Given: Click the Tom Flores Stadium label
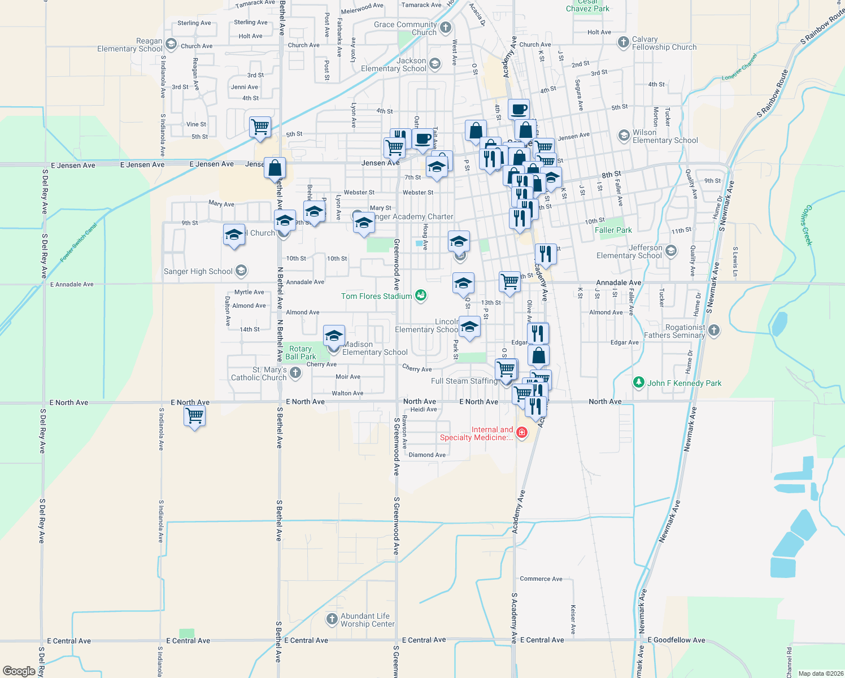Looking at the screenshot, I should point(377,296).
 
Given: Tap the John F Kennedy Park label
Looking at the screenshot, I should point(684,383).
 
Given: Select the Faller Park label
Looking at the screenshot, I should point(613,230).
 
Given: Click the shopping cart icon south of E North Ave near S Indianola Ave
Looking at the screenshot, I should point(195,416).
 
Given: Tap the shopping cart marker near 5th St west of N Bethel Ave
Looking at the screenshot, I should point(260,127).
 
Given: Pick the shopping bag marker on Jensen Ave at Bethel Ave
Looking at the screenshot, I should point(275,168).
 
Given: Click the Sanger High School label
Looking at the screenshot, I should point(198,272).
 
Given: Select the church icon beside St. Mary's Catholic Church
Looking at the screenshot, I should point(295,373).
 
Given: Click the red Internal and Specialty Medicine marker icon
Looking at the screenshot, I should point(521,433).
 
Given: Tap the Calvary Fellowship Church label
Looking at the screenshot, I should point(664,44).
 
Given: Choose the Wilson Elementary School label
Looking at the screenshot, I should point(665,136).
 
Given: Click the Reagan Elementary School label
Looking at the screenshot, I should point(130,45).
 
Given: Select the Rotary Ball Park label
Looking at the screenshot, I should point(300,353).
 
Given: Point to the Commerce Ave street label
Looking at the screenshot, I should point(541,579).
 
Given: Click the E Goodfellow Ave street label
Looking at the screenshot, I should point(676,640).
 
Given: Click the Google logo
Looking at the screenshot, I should point(19,671).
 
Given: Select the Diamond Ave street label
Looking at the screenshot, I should point(427,455).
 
